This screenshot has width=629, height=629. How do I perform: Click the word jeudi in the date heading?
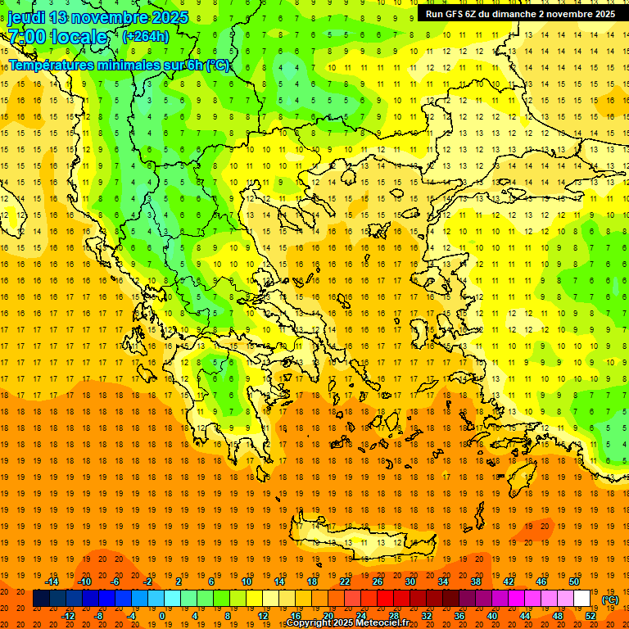[x=26, y=17]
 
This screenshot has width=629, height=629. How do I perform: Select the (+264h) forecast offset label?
[x=146, y=36]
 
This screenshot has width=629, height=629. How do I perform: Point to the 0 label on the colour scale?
[x=161, y=615]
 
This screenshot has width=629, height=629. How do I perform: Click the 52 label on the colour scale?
[x=591, y=615]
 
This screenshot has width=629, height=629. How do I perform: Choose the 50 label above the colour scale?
[x=574, y=581]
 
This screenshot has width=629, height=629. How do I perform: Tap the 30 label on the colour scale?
[x=410, y=581]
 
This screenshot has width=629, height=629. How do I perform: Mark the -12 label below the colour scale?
[x=68, y=615]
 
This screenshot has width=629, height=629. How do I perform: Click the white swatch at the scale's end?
[x=582, y=599]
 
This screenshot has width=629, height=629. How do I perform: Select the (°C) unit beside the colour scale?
[x=610, y=600]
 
